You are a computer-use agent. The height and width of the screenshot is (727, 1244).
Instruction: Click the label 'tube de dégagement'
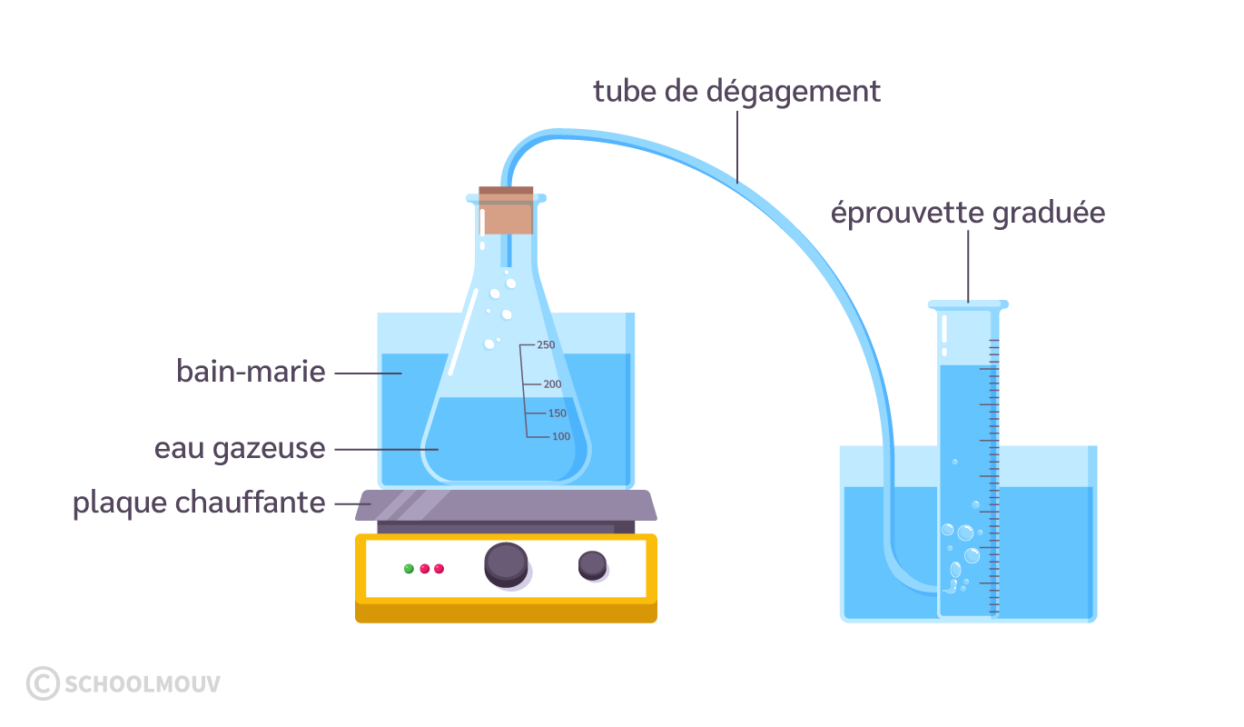pos(736,92)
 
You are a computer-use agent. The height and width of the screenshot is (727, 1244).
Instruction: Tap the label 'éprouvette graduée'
pos(968,214)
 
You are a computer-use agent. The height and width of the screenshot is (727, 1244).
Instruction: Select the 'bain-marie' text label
pos(251,372)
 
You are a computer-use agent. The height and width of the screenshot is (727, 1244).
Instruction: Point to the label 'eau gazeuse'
pos(240,448)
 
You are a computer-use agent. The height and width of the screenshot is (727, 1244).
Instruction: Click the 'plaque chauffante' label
pos(199,503)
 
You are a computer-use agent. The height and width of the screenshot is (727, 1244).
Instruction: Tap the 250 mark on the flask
pos(545,345)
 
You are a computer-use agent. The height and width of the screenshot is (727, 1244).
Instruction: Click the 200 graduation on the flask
pos(552,384)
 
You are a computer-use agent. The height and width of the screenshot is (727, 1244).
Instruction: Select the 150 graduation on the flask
pos(557,414)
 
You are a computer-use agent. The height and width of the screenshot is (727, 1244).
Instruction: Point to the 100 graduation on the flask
pos(561,437)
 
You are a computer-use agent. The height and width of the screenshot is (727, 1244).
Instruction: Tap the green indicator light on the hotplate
pos(409,569)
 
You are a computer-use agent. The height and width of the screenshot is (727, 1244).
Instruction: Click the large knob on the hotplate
pos(506,563)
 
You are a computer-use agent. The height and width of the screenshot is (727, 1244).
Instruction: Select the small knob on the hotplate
pos(592,564)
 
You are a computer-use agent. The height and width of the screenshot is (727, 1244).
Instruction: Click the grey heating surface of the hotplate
pos(508,505)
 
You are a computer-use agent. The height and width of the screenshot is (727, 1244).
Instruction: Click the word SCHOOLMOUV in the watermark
pos(142,684)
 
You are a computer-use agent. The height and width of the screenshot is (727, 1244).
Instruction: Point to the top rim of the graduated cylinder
pos(968,304)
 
